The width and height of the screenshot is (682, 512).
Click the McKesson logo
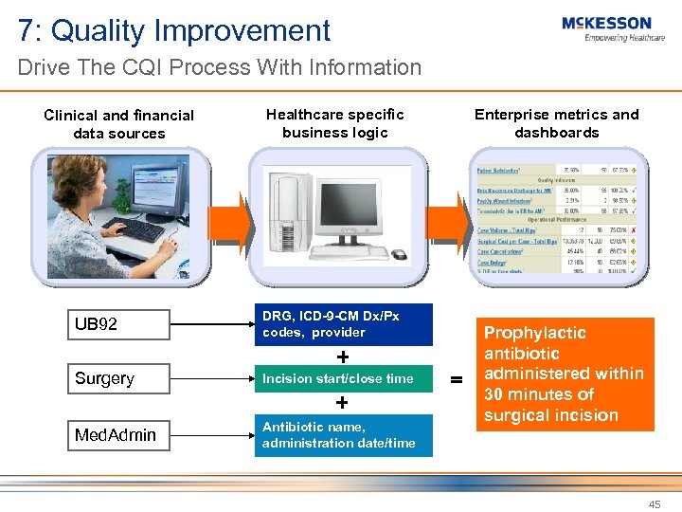[606, 28]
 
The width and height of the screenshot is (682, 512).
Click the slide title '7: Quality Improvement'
[174, 30]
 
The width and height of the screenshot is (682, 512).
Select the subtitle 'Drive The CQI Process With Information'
[219, 68]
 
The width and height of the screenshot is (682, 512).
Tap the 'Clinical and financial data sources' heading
[119, 124]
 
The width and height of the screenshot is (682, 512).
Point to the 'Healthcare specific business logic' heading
[335, 123]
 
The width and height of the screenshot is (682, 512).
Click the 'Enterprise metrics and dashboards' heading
[556, 123]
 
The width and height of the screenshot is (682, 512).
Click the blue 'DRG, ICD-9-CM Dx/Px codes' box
[343, 324]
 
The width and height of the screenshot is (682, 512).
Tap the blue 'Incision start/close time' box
[343, 379]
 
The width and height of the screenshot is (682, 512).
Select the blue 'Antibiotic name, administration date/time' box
[343, 435]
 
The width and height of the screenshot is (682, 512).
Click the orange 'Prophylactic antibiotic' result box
[564, 375]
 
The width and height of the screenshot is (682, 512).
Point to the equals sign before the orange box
[457, 379]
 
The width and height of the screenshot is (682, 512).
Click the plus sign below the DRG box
[342, 357]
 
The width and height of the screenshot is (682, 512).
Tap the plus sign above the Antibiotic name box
[342, 402]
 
